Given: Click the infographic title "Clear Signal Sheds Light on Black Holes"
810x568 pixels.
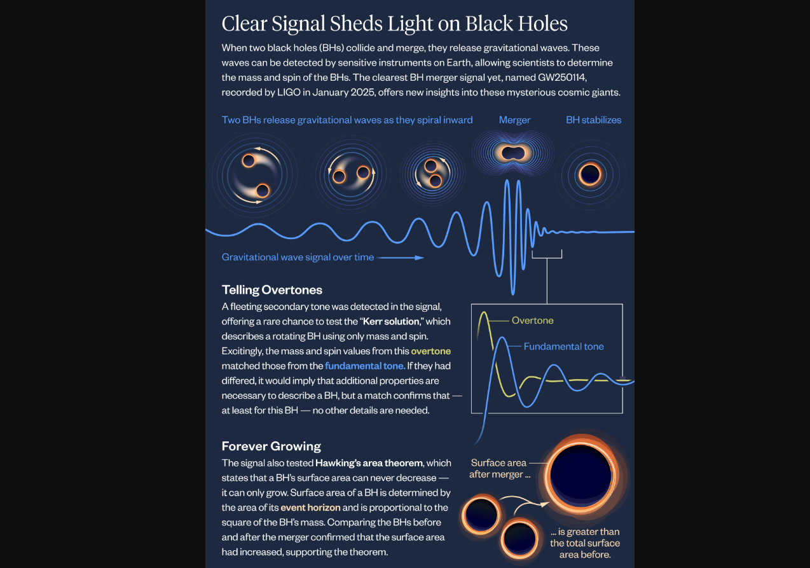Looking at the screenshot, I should [394, 24].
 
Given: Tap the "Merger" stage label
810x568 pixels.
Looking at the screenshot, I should [514, 120].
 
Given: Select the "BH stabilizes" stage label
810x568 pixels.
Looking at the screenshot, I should [593, 120].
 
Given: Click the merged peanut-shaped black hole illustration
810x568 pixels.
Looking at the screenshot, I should [514, 153].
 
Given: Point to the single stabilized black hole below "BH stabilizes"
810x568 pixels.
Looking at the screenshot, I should [590, 173].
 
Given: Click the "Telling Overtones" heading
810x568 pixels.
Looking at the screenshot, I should [271, 290].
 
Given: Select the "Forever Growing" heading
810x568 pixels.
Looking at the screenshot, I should [271, 446].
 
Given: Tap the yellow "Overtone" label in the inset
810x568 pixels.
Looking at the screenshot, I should [532, 321].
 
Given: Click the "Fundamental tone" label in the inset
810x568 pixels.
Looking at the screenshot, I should [563, 347].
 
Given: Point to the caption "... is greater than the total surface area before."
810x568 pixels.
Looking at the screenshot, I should [584, 543].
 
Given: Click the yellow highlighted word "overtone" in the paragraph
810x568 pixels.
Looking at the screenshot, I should [430, 351].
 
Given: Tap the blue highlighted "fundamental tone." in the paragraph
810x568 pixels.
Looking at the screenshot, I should [364, 366].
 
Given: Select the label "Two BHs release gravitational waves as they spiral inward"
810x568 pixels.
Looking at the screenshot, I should [347, 120].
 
